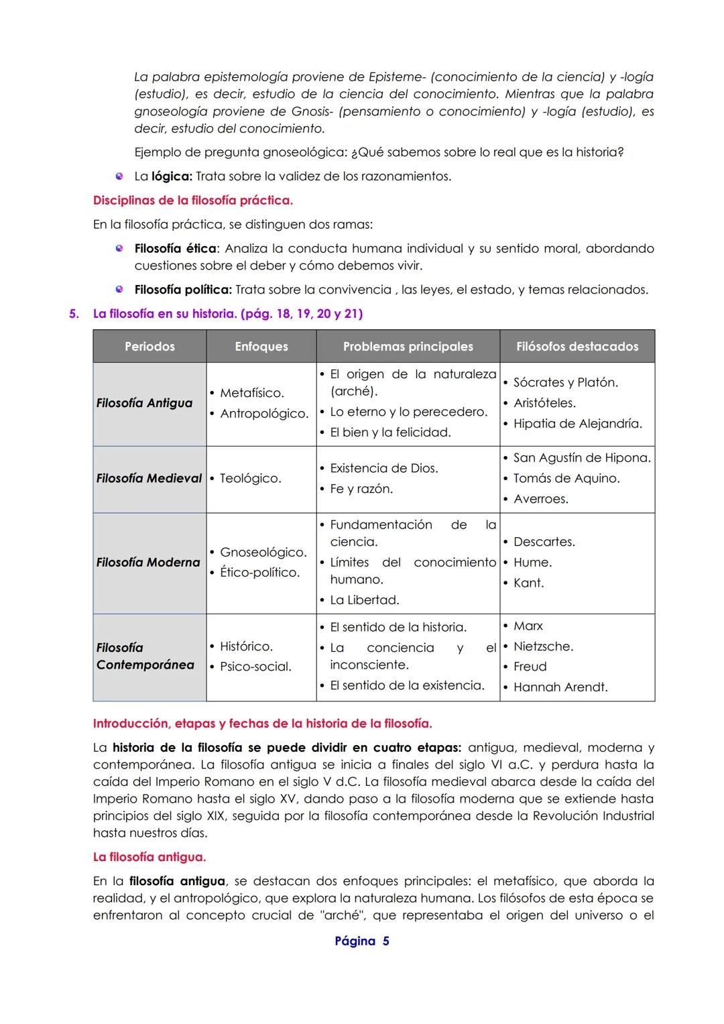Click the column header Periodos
(x=149, y=347)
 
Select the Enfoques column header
(x=261, y=347)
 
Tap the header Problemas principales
(x=408, y=347)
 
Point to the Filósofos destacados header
(x=577, y=347)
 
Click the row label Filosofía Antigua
(x=144, y=403)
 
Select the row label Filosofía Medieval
(x=149, y=478)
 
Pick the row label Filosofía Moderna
(x=148, y=563)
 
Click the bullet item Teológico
(x=250, y=479)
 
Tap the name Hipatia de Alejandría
(x=577, y=424)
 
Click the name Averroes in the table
(x=540, y=499)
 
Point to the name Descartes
(x=544, y=542)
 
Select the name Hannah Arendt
(x=560, y=687)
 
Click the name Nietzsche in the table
(x=543, y=646)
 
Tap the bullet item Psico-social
(x=255, y=667)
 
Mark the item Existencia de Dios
(x=383, y=468)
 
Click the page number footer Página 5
(x=362, y=942)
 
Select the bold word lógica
(x=172, y=177)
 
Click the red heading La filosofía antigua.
(x=149, y=857)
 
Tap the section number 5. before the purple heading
(x=74, y=314)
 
